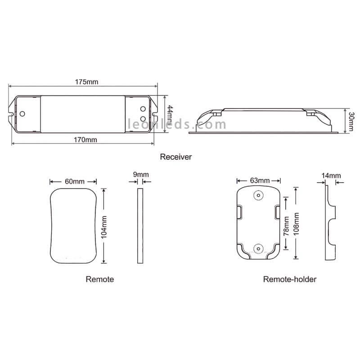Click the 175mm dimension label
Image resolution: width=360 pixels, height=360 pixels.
point(86,82)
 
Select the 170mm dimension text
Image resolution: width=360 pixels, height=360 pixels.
point(85,140)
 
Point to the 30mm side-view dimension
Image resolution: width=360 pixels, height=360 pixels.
point(351,121)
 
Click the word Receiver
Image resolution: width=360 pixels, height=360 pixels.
point(176,157)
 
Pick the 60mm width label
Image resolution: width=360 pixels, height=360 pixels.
point(75,181)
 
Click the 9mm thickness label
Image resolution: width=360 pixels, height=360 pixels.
point(141,175)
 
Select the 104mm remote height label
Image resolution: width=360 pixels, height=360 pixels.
point(104,227)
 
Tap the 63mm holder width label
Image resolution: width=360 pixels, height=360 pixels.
point(260,180)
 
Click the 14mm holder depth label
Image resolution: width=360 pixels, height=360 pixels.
point(331,175)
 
